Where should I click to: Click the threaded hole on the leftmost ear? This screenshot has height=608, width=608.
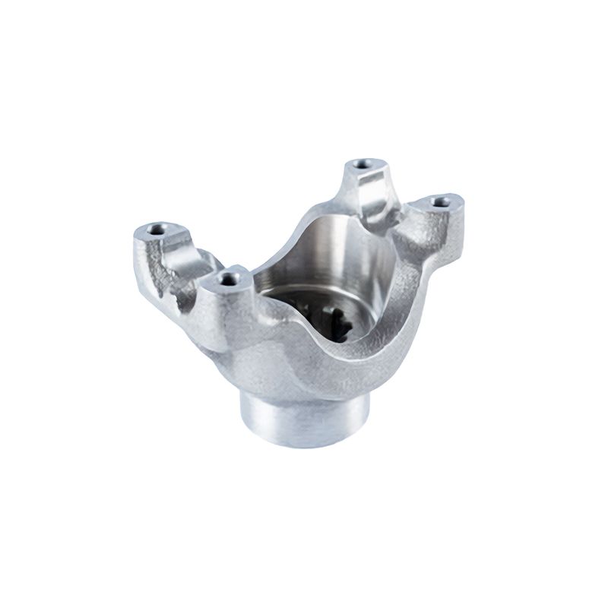coord(158,227)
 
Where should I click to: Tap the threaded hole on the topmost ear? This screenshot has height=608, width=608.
coord(360,164)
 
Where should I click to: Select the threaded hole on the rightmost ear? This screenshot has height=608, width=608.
coord(439,201)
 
